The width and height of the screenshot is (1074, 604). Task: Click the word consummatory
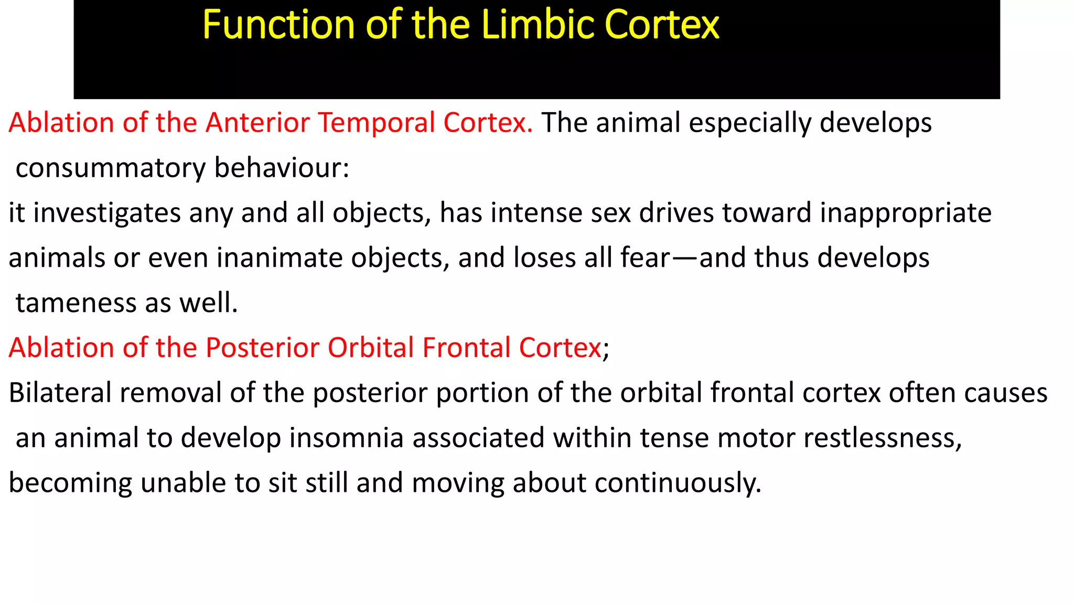[x=111, y=169]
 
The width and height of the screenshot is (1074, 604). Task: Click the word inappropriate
[x=906, y=214]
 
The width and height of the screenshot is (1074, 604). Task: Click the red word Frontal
[x=466, y=348]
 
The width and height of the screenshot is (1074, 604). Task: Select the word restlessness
[x=882, y=438]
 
